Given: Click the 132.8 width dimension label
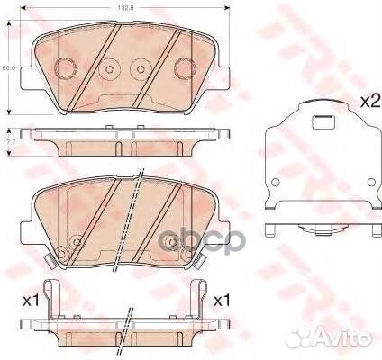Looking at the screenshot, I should tap(124, 10).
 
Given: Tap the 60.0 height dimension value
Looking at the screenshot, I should tap(5, 67).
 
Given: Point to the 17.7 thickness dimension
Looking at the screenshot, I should tap(6, 140).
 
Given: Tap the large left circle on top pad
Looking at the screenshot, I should tap(65, 68).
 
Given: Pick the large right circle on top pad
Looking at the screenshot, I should tap(185, 67).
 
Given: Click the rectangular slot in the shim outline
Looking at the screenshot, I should tap(320, 128).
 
